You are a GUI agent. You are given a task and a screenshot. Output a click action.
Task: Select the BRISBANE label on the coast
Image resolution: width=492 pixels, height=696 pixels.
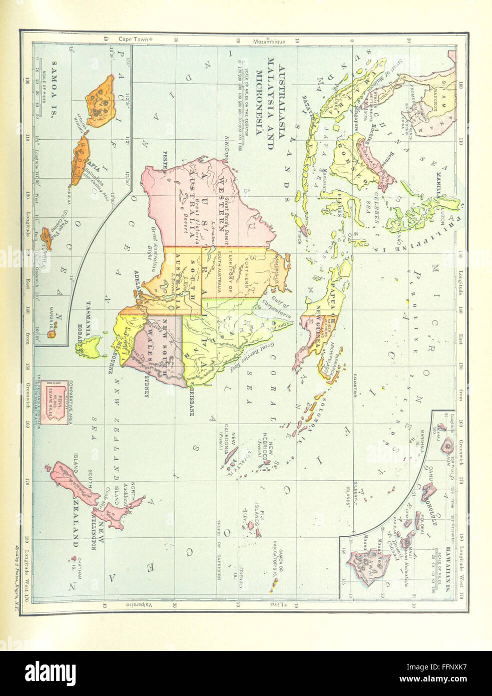tap(191, 402)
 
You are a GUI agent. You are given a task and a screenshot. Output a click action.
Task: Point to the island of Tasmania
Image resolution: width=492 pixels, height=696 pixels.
tap(91, 346)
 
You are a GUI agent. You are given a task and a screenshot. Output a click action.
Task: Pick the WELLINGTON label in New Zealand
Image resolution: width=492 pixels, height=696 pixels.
tap(94, 528)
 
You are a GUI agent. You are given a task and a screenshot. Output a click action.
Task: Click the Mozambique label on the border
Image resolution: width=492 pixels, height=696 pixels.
tap(269, 41)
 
